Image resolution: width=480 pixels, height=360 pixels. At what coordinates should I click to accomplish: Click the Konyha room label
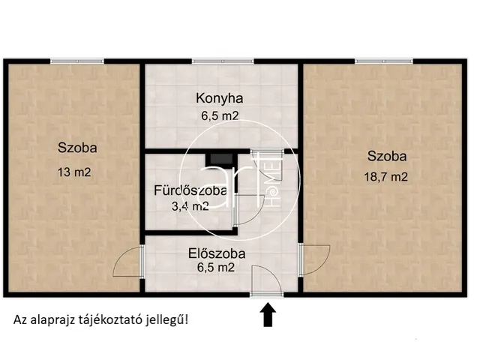point(220,97)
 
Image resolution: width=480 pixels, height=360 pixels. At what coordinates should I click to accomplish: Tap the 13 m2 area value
point(73,172)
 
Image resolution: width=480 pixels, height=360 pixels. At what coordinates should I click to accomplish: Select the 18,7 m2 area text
point(387,177)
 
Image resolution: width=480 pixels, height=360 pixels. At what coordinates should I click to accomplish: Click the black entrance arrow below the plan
point(266,317)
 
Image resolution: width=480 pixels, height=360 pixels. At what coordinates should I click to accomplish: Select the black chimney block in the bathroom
point(219,158)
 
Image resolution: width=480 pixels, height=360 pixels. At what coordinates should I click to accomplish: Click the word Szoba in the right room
point(387,157)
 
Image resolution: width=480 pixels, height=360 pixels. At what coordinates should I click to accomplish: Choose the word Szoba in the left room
point(77,148)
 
